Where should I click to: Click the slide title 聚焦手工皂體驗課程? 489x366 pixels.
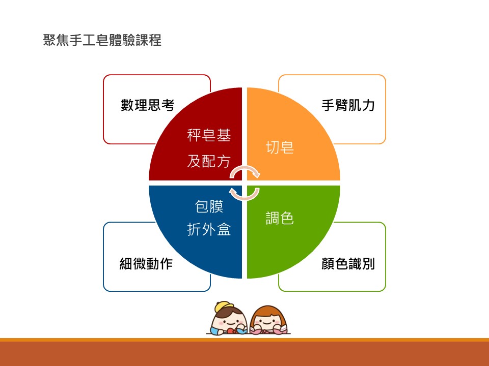(x=102, y=40)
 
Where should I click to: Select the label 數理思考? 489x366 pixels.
(x=148, y=105)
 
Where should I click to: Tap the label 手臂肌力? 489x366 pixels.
(x=348, y=105)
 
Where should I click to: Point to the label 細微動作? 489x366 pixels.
(x=146, y=264)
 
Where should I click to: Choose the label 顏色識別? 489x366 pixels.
(x=348, y=264)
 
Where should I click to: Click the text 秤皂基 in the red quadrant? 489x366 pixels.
(x=209, y=135)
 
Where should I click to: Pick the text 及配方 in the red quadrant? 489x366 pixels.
(x=209, y=161)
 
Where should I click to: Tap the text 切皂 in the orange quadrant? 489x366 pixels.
(x=280, y=147)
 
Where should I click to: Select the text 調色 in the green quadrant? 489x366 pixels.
(x=280, y=218)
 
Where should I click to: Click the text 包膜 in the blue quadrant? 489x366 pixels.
(x=209, y=206)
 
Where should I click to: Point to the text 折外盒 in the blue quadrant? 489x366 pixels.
(x=209, y=230)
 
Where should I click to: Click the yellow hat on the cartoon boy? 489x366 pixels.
(x=224, y=307)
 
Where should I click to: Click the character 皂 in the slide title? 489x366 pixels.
(x=102, y=40)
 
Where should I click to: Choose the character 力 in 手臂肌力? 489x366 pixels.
(x=369, y=105)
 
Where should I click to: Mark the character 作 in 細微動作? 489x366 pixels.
(x=167, y=264)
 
